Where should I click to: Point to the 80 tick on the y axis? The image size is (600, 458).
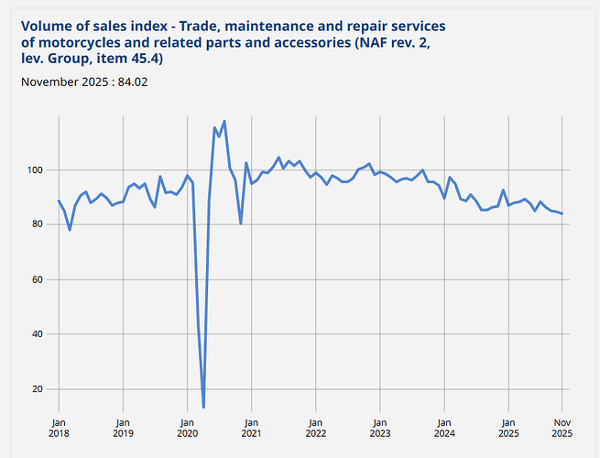pyautogui.click(x=38, y=224)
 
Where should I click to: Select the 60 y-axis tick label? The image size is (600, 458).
pyautogui.click(x=38, y=279)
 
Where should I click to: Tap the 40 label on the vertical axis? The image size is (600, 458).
pyautogui.click(x=38, y=334)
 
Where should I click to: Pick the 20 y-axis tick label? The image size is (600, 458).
pyautogui.click(x=38, y=389)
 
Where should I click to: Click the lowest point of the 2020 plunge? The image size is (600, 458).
pyautogui.click(x=203, y=407)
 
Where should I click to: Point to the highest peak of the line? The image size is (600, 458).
pyautogui.click(x=224, y=121)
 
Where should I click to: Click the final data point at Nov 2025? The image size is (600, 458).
pyautogui.click(x=562, y=213)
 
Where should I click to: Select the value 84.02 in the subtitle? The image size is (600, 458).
pyautogui.click(x=133, y=82)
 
